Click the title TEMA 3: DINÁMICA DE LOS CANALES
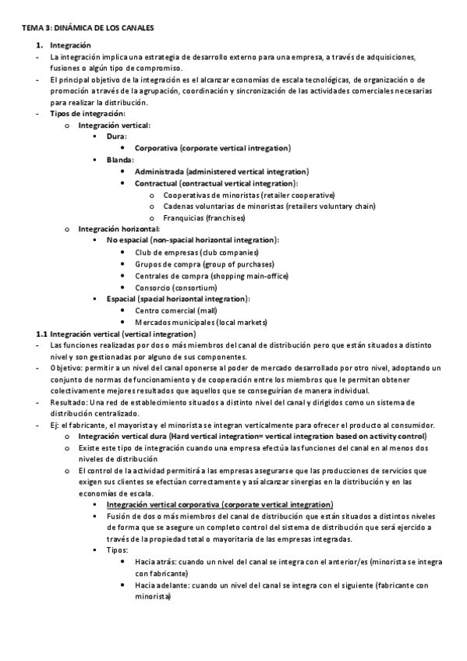[87, 28]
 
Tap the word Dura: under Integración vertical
[117, 136]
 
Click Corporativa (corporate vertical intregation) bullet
[212, 148]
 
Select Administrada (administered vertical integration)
[221, 171]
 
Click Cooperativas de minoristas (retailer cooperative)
[249, 194]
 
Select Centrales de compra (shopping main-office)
[211, 276]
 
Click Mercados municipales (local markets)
[201, 322]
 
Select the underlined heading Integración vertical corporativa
[219, 506]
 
